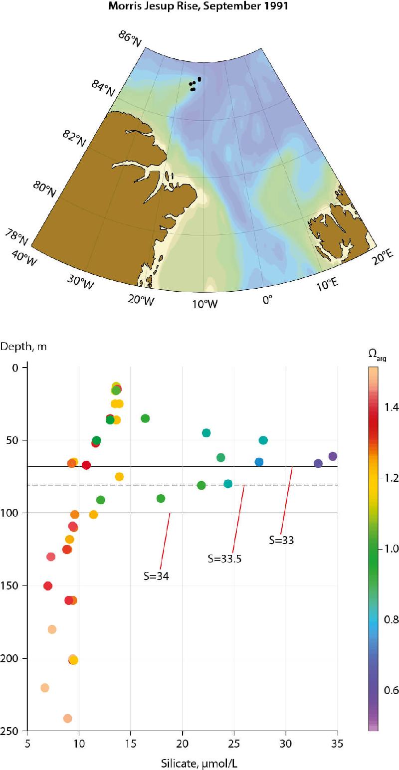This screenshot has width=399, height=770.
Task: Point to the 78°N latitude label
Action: (x=16, y=235)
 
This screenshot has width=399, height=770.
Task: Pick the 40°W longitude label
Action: (x=23, y=256)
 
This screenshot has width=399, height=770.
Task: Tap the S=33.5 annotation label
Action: (x=224, y=559)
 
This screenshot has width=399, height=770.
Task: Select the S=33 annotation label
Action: (x=281, y=540)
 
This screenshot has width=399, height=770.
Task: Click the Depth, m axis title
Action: (x=23, y=347)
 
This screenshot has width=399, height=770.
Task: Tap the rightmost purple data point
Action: (x=333, y=456)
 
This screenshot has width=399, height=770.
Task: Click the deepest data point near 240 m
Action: (x=67, y=718)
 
